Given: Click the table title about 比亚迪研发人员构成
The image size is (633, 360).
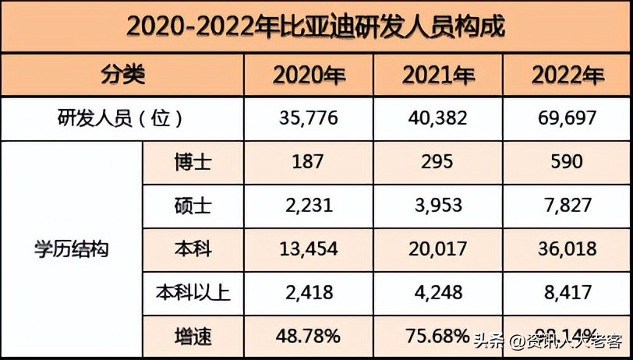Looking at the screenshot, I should click(316, 26).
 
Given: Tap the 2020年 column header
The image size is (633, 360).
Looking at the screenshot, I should click(309, 76).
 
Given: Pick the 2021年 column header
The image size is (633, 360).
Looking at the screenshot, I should click(438, 76).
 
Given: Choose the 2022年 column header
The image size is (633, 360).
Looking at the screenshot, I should click(568, 76).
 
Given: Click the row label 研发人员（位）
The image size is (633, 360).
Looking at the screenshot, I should click(121, 118).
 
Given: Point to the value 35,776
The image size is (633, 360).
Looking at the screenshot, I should click(309, 118).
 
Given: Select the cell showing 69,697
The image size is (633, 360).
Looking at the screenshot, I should click(567, 118).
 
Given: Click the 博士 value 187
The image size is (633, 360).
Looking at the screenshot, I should click(309, 162).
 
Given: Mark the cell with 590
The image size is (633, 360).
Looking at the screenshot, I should click(567, 162).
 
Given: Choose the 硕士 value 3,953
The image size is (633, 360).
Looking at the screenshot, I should click(437, 206).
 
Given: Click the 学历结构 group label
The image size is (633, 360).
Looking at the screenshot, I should click(72, 249).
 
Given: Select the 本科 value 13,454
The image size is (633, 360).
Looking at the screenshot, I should click(309, 249).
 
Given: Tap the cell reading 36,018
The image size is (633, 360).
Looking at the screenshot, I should click(567, 249).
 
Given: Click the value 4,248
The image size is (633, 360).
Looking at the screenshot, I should click(437, 293).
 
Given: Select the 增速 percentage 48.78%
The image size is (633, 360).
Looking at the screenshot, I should click(309, 337).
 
